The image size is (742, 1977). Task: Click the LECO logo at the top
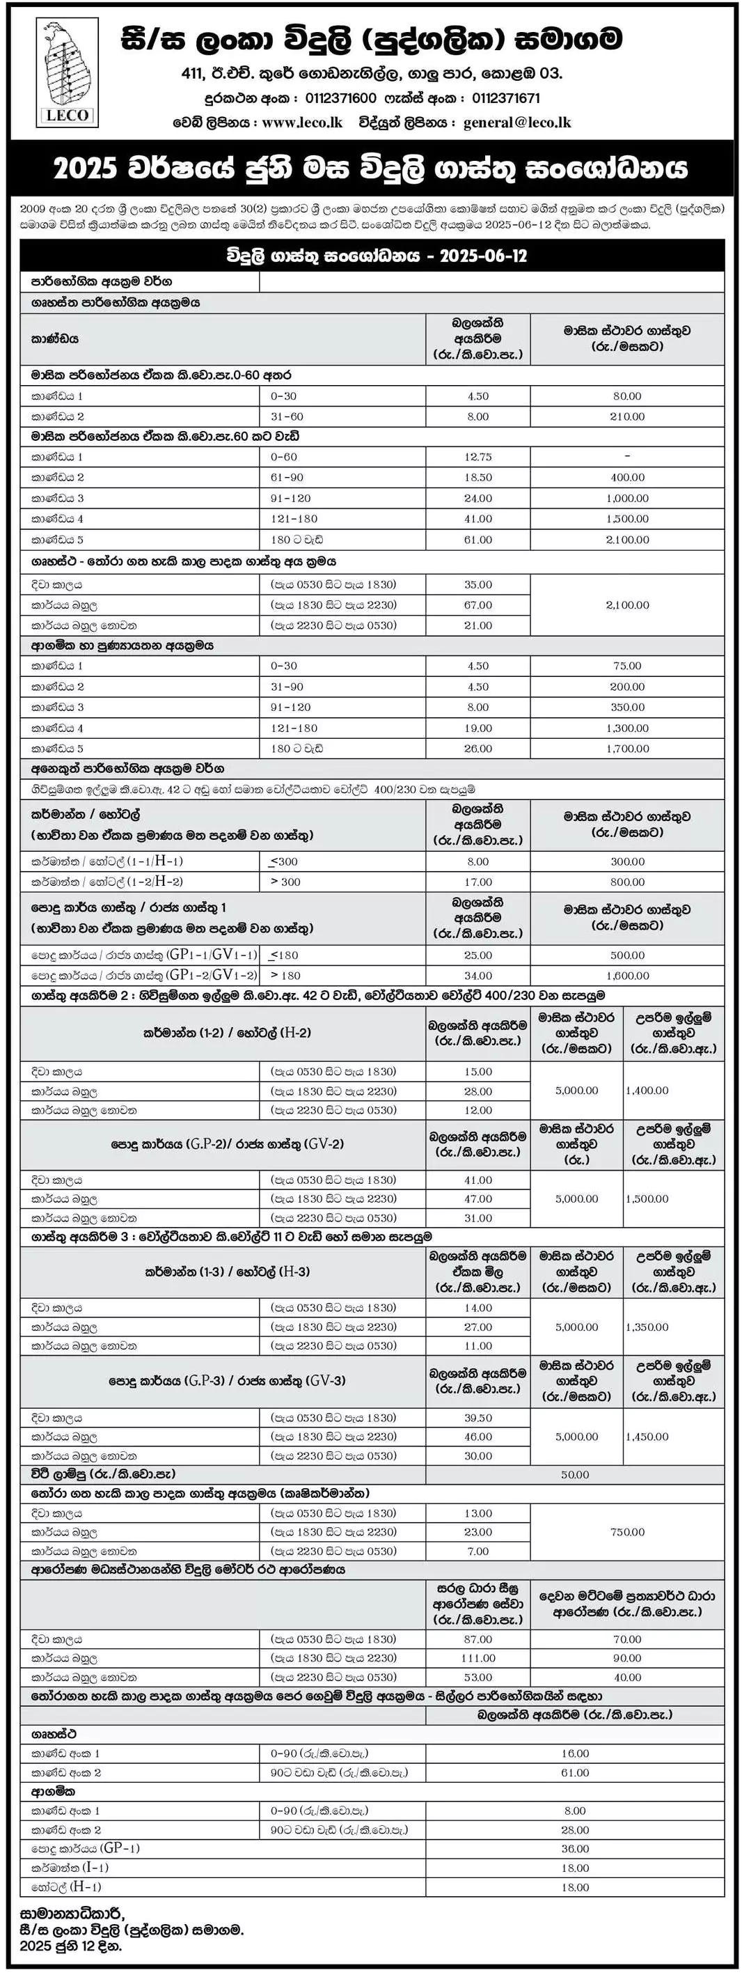coord(68,73)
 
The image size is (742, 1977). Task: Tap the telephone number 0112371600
coord(340,98)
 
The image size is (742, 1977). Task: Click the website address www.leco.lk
coord(301,122)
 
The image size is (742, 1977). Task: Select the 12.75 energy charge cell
coord(477,457)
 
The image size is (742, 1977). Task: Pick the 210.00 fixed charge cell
coord(627,416)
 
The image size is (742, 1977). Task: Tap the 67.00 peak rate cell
coord(477,604)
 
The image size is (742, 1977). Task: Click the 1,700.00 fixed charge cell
coord(627,749)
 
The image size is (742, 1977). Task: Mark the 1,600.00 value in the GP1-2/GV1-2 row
coord(627,976)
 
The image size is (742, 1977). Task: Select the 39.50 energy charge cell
coord(477,1418)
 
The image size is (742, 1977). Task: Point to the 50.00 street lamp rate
coord(575,1474)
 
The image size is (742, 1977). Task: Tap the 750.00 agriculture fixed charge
coord(627,1532)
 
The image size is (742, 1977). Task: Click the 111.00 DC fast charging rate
coord(477,1658)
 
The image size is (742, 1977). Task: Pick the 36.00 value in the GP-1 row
coord(575,1849)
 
